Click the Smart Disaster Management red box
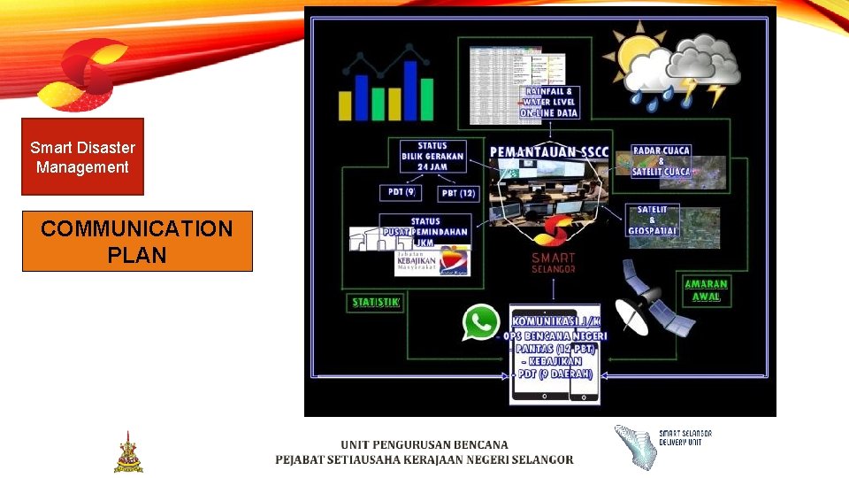tap(82, 157)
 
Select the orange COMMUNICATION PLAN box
tap(137, 241)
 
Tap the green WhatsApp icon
tap(480, 323)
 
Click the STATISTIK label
tap(376, 303)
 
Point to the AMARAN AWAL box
tap(706, 290)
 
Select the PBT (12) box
tap(457, 192)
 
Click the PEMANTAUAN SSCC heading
tap(549, 152)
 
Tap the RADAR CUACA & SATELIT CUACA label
tap(661, 161)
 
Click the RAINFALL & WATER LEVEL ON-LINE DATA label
tap(550, 102)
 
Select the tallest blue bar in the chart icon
tap(409, 91)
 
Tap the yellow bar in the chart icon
tap(347, 104)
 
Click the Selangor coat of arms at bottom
tap(128, 452)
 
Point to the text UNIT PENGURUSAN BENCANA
tap(424, 444)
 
